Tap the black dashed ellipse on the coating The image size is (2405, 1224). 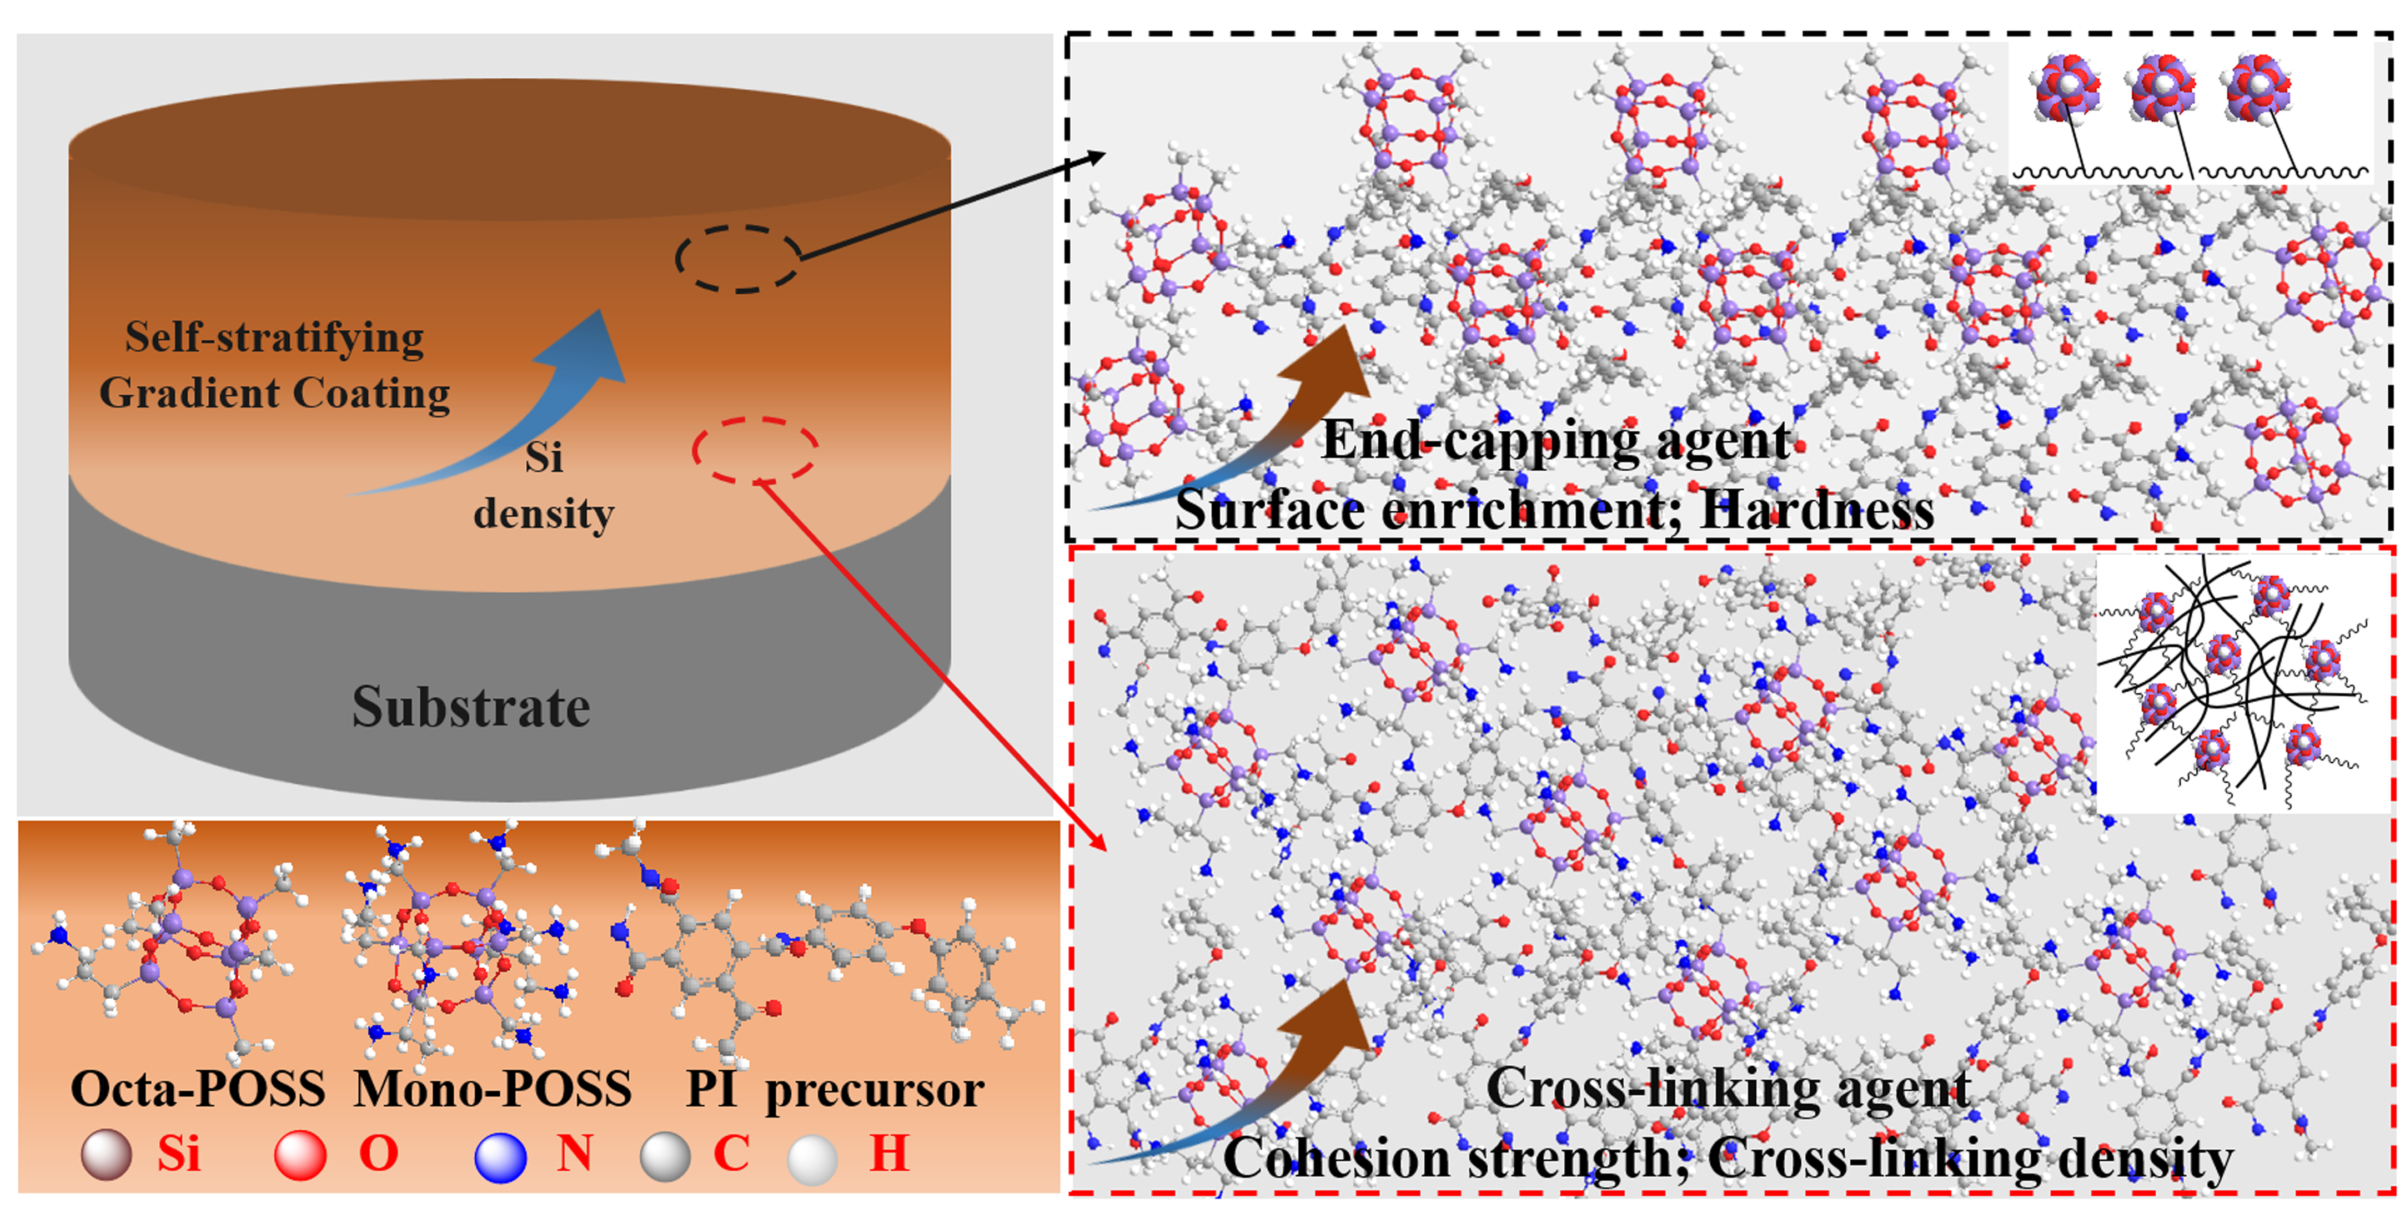(737, 259)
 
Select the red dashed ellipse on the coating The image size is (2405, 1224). (754, 450)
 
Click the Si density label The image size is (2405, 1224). (544, 486)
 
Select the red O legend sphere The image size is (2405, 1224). (300, 1155)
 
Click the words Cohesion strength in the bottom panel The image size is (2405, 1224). (1457, 1158)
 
